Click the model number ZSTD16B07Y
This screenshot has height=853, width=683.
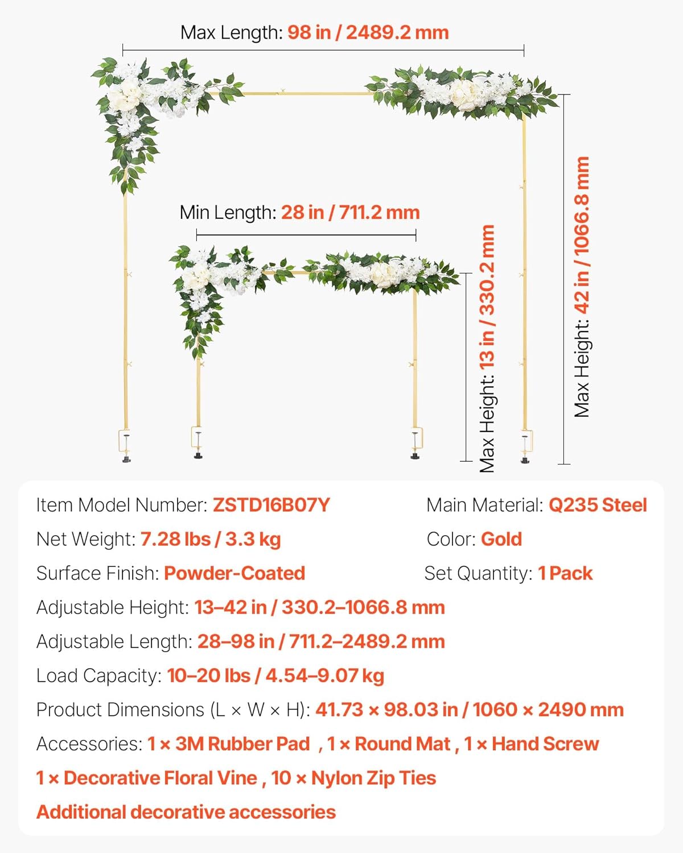(x=271, y=505)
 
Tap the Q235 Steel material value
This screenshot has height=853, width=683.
(x=597, y=505)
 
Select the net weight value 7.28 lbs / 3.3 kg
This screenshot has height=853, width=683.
(x=210, y=539)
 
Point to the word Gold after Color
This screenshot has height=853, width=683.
(x=501, y=539)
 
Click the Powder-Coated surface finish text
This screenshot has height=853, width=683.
(x=234, y=573)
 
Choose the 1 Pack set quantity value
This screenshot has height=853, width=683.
(x=565, y=573)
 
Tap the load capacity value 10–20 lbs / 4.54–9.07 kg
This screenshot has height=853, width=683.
(x=275, y=676)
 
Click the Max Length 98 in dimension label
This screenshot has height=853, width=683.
(x=314, y=32)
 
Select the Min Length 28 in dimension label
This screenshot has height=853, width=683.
(x=299, y=213)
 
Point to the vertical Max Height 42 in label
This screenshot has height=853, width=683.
(x=582, y=287)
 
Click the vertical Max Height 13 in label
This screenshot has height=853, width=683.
(x=487, y=349)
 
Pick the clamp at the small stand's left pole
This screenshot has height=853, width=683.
(x=198, y=441)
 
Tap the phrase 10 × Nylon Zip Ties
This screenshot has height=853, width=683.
(x=353, y=778)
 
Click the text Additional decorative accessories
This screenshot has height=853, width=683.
(x=186, y=812)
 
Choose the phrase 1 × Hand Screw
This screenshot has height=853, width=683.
(x=531, y=744)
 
